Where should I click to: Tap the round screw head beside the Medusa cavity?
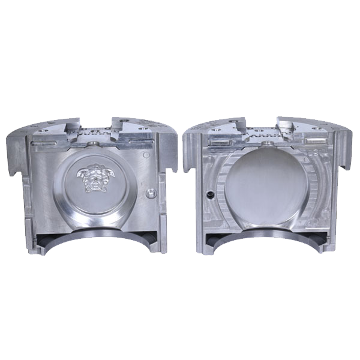point(151,193)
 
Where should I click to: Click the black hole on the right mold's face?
point(209,194)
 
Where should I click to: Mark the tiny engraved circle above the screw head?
point(146,154)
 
